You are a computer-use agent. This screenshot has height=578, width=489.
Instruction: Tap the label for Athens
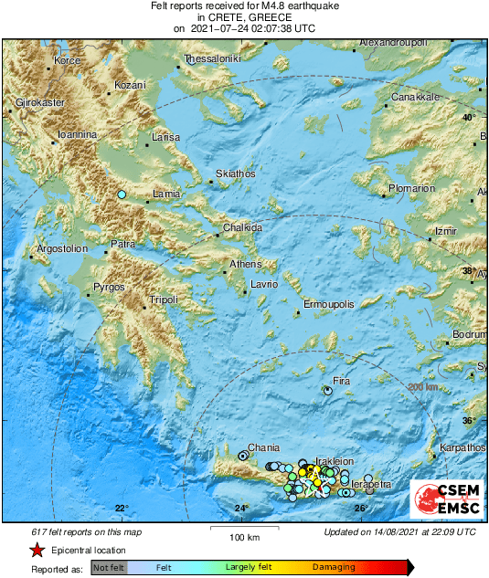click(245, 264)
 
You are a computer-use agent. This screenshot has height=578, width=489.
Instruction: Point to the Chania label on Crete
click(264, 447)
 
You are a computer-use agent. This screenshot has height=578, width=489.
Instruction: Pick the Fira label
click(341, 381)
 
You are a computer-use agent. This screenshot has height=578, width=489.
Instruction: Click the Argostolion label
click(61, 248)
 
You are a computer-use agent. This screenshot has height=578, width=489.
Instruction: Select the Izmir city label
click(444, 231)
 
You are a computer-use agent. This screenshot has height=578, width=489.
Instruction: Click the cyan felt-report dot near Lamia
click(122, 194)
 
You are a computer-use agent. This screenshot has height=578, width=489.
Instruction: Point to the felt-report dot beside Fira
click(328, 390)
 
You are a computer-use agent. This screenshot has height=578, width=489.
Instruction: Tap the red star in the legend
click(37, 550)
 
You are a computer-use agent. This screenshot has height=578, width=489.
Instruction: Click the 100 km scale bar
click(240, 527)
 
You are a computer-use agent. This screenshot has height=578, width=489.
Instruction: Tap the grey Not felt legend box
click(109, 568)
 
